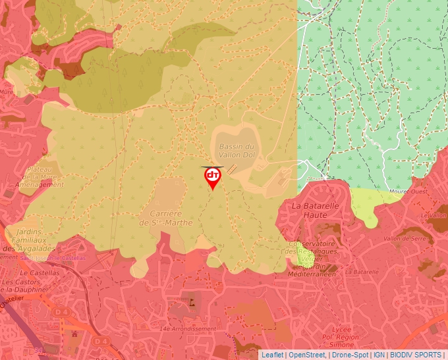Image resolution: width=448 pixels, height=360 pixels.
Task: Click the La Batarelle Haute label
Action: click(x=316, y=210)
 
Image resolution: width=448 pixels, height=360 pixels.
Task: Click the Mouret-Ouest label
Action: click(x=407, y=192)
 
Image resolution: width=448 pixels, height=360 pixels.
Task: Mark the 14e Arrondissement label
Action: click(x=187, y=328)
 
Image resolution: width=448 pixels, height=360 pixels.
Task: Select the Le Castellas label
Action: click(x=36, y=272)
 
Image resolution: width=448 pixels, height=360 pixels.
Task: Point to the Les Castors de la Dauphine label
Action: click(x=26, y=286)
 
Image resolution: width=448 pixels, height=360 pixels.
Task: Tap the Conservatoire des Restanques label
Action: click(x=312, y=247)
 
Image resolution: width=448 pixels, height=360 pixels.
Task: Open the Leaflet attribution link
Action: click(x=272, y=355)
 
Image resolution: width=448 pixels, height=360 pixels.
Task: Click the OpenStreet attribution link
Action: click(x=306, y=355)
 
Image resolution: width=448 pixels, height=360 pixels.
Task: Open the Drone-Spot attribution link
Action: click(x=349, y=355)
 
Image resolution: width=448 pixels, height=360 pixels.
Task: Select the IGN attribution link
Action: click(x=379, y=355)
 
